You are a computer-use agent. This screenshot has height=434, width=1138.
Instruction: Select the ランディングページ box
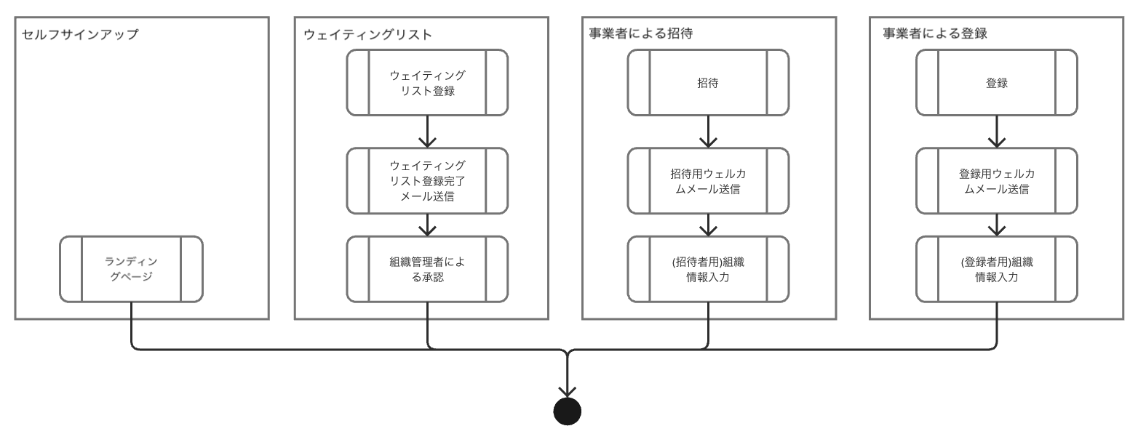coord(131,269)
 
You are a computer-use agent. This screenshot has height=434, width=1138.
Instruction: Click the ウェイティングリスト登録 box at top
coord(427,83)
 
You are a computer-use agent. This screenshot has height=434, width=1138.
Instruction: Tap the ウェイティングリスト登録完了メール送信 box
coord(427,181)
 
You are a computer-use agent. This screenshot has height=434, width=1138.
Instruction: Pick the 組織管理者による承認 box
coord(427,269)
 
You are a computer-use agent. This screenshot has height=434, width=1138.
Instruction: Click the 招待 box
coord(708,83)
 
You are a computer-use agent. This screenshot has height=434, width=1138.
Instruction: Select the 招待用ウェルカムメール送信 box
coord(708,181)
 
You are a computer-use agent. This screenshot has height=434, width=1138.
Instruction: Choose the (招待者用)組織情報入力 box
coord(708,269)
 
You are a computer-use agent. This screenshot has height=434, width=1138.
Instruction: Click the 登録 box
coord(996,83)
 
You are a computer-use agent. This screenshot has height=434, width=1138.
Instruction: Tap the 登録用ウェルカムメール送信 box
coord(996,181)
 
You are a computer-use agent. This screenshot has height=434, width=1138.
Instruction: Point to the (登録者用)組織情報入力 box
coord(996,269)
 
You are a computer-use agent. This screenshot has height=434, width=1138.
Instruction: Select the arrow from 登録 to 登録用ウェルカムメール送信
coord(996,132)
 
